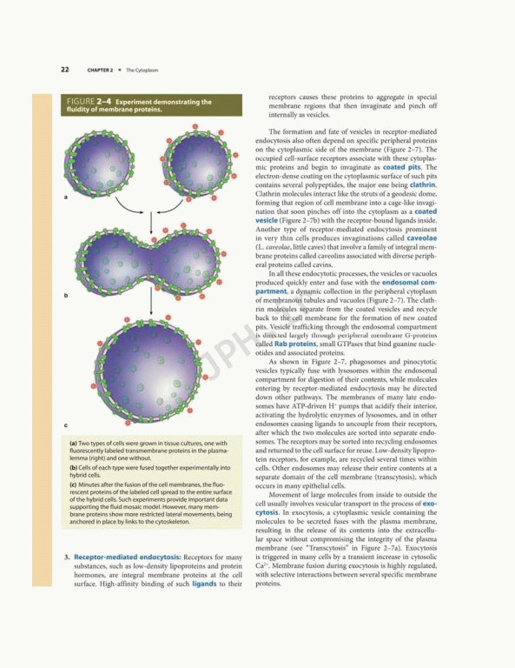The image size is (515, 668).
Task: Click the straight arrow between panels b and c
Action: [x=152, y=317]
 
